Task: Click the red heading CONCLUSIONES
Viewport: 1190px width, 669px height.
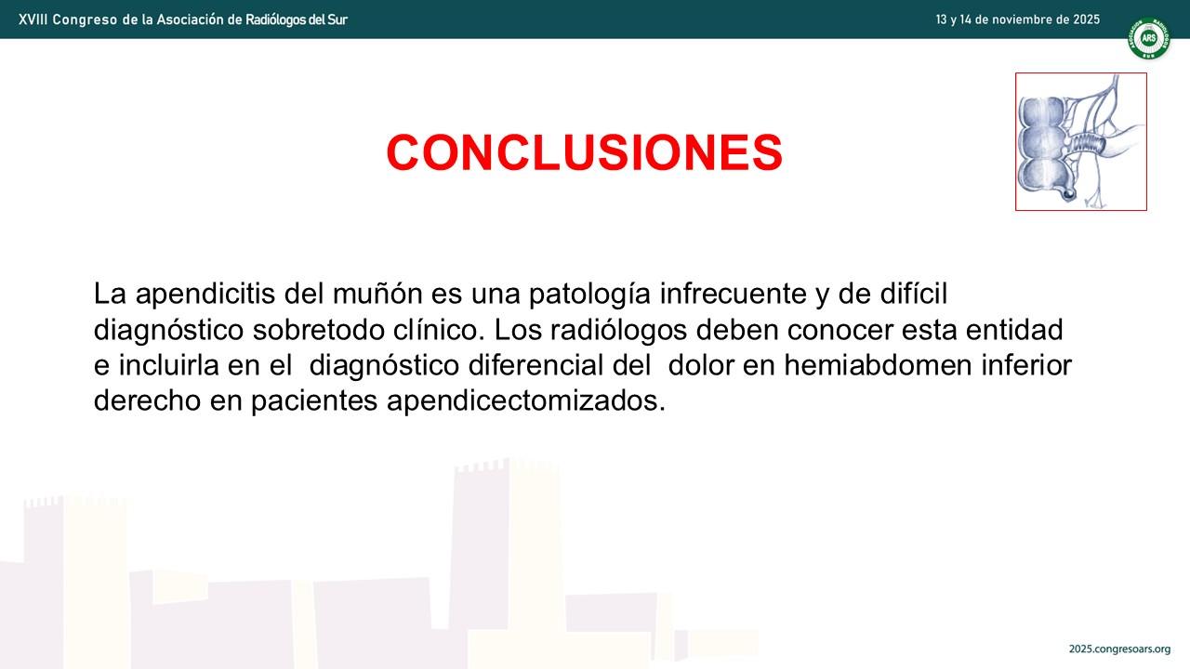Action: (x=585, y=152)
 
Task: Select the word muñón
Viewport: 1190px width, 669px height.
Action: (x=377, y=294)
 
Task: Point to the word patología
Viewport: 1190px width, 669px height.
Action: (x=589, y=295)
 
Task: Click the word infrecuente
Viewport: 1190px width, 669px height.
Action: (x=734, y=294)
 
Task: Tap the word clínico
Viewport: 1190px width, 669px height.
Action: (x=439, y=330)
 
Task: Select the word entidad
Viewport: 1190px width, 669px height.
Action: (x=1014, y=330)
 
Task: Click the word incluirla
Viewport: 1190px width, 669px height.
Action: (x=168, y=365)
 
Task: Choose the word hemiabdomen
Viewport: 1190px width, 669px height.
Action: (x=878, y=365)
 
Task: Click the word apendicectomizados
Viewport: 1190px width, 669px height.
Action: (x=526, y=401)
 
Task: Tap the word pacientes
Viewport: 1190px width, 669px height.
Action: (x=314, y=401)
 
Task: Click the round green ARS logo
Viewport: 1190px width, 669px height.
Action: (x=1148, y=38)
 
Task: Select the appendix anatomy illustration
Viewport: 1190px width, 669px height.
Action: (x=1081, y=142)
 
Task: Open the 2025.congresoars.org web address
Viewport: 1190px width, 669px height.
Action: (x=1120, y=649)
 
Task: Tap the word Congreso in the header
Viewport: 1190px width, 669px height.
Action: (x=85, y=20)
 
